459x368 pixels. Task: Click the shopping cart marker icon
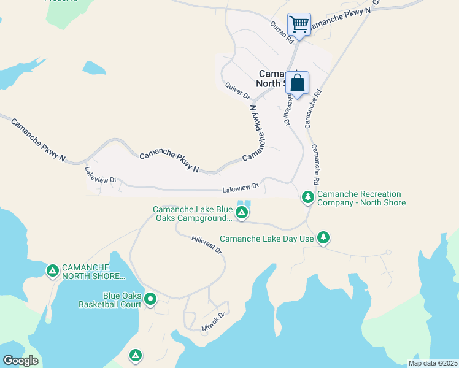pyautogui.click(x=299, y=25)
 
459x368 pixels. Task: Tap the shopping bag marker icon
pyautogui.click(x=297, y=83)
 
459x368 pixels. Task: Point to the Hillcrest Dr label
pyautogui.click(x=206, y=245)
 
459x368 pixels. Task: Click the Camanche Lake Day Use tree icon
pyautogui.click(x=323, y=238)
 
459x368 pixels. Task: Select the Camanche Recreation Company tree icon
pyautogui.click(x=307, y=197)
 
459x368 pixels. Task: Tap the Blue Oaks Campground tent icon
pyautogui.click(x=242, y=213)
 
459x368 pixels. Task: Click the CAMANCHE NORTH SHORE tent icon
pyautogui.click(x=53, y=270)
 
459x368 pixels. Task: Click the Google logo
pyautogui.click(x=20, y=361)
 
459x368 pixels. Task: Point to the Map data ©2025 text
pyautogui.click(x=433, y=363)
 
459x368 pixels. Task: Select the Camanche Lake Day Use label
pyautogui.click(x=267, y=239)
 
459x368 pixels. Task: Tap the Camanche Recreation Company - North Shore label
pyautogui.click(x=361, y=198)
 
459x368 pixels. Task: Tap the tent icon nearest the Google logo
pyautogui.click(x=136, y=354)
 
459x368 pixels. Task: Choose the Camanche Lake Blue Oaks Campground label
pyautogui.click(x=192, y=213)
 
